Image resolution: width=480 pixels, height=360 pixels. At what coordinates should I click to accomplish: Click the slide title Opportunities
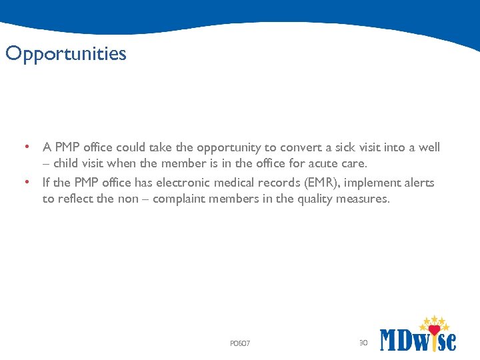(x=65, y=53)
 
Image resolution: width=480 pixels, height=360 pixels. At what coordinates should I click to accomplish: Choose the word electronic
(x=183, y=183)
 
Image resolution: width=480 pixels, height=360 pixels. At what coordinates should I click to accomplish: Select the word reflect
(x=75, y=199)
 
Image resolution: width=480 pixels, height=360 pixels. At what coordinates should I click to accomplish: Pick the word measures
(x=363, y=199)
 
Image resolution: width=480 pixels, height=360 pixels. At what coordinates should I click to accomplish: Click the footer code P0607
(x=240, y=343)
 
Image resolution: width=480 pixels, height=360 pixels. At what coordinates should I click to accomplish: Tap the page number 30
(x=363, y=343)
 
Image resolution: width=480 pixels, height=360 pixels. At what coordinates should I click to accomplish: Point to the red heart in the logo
(x=435, y=329)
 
